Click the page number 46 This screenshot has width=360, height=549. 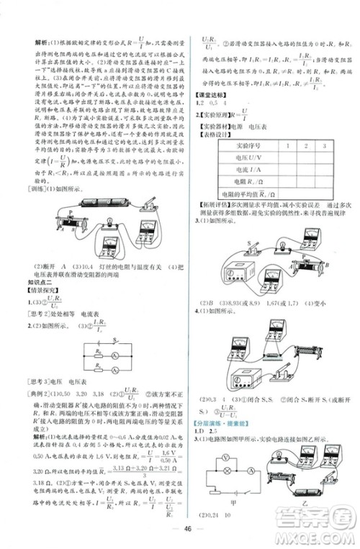[186, 530]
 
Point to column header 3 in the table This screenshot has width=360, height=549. [325, 145]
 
